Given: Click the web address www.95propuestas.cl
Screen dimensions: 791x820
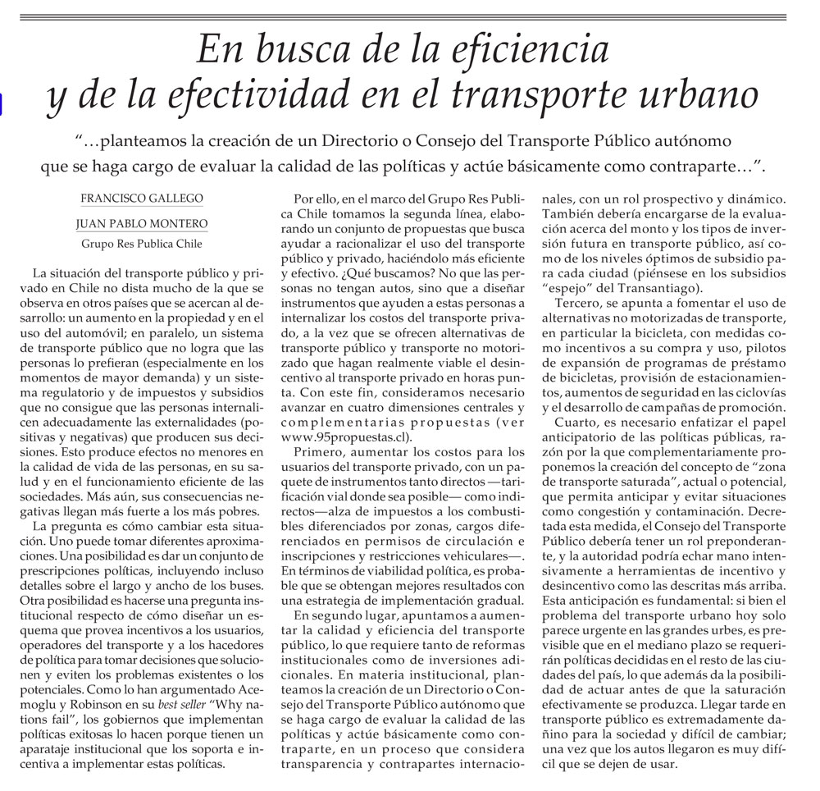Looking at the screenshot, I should [x=344, y=437].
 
